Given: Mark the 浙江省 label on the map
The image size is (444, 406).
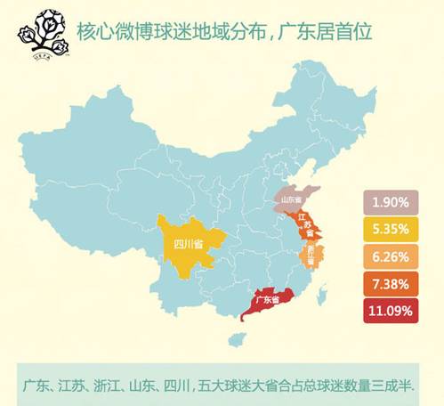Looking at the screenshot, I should click(311, 255).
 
